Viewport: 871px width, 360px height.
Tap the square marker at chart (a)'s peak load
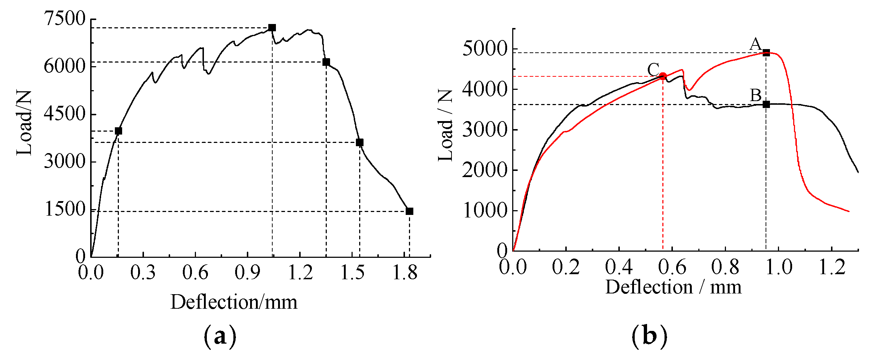[272, 28]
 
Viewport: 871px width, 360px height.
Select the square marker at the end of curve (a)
[409, 211]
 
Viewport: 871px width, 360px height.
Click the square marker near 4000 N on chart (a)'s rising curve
[118, 131]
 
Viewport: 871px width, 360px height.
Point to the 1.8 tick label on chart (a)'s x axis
[405, 273]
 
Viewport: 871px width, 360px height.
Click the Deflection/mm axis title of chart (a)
[234, 302]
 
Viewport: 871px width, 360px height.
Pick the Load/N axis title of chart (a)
[25, 123]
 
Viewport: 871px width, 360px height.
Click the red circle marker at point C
[663, 76]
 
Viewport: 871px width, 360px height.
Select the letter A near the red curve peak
[756, 44]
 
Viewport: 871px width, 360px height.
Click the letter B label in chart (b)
[756, 96]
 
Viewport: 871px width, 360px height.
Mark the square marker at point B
[766, 104]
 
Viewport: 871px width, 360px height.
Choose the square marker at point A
[766, 53]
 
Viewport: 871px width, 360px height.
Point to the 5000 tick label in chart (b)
[485, 49]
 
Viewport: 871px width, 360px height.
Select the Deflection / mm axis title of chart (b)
[673, 287]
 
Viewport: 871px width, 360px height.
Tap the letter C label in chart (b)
[653, 69]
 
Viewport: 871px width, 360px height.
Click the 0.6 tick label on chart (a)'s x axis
[195, 273]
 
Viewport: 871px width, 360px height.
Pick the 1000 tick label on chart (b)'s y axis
[485, 211]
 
